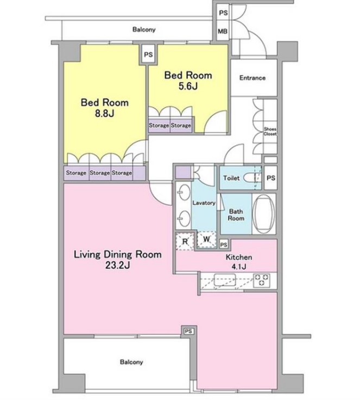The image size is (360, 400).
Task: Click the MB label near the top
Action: pos(222,32)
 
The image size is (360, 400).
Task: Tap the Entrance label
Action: pos(252,78)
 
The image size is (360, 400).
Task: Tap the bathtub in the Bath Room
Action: pos(265,214)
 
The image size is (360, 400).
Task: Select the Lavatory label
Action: pos(204,203)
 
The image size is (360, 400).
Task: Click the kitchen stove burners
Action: pos(263,280)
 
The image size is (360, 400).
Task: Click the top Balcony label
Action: pos(144,30)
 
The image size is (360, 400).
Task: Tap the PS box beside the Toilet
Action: pos(270,178)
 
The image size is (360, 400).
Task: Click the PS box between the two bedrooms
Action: pos(147,54)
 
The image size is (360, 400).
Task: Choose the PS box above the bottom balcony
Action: pos(188,331)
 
